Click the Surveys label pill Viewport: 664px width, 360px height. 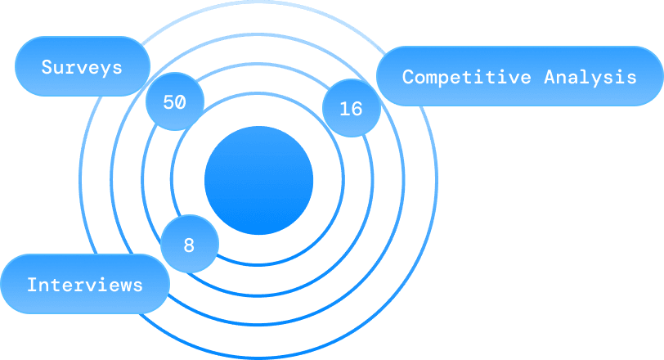click(82, 66)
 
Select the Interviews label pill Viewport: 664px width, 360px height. click(84, 285)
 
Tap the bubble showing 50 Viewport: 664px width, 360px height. click(174, 102)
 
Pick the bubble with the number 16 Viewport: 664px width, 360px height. click(351, 108)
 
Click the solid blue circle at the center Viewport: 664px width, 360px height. click(258, 181)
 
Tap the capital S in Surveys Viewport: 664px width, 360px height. click(47, 66)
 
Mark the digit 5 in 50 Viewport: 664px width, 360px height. click(168, 102)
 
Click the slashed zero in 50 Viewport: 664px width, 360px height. click(181, 102)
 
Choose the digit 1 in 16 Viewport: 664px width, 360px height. click(344, 108)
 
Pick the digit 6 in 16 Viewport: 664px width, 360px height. click(357, 108)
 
